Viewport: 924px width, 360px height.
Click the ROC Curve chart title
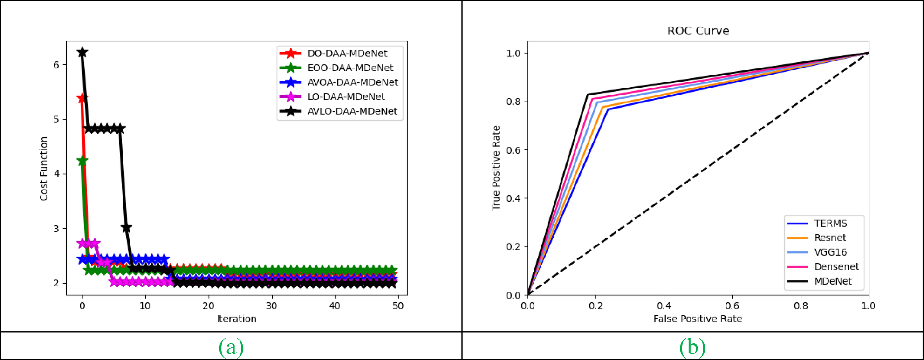pos(698,31)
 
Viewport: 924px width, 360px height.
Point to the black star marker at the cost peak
pos(82,52)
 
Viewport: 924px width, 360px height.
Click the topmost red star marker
pos(82,99)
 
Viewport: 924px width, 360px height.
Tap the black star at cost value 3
pos(126,228)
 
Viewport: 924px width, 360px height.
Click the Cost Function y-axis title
pos(44,169)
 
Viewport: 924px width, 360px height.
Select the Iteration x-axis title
pos(237,319)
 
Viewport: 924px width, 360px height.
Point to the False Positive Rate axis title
pos(698,319)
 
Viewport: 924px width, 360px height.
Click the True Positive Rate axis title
pos(496,168)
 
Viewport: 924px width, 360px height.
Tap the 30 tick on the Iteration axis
pos(271,306)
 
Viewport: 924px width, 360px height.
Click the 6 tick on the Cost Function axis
pos(56,65)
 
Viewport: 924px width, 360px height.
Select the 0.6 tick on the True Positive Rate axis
pos(513,150)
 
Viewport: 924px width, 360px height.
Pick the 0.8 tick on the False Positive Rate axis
pos(801,306)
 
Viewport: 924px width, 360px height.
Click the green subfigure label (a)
pos(231,347)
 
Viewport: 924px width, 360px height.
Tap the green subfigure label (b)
pos(692,347)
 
